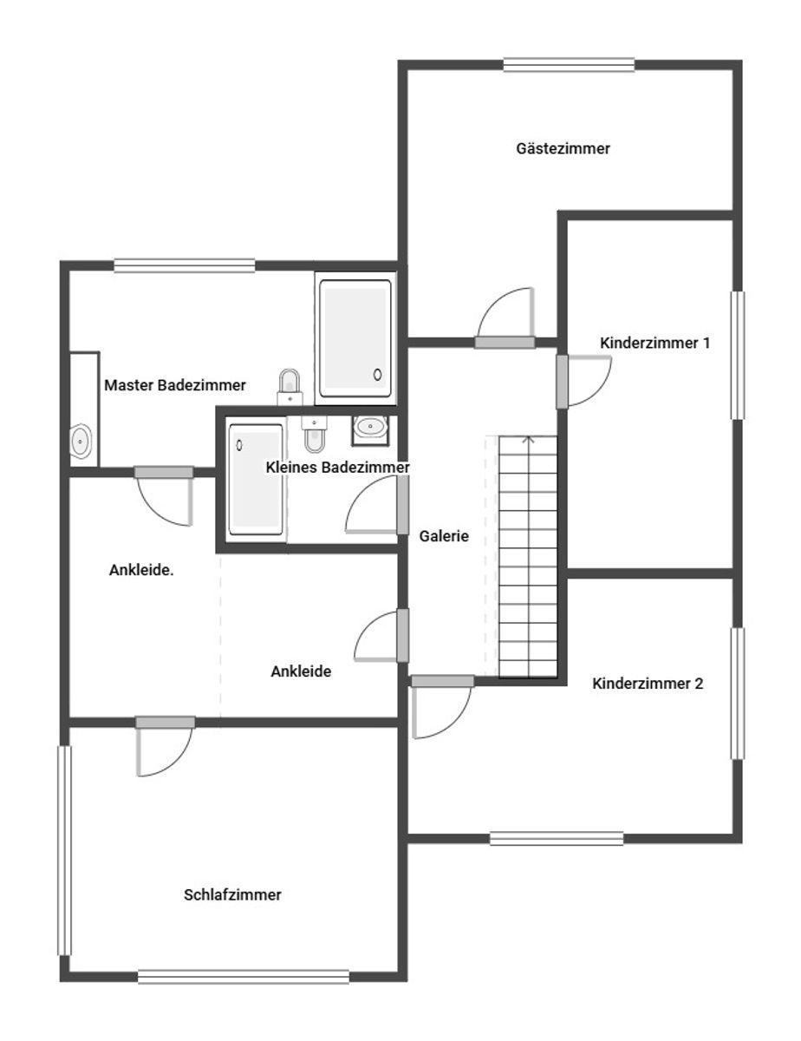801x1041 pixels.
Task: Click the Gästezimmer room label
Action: click(x=563, y=148)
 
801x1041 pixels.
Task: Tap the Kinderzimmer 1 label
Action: click(x=654, y=343)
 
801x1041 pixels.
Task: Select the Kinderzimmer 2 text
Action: click(x=648, y=684)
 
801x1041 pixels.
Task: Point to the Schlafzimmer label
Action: click(x=232, y=895)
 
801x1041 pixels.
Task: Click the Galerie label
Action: click(x=444, y=536)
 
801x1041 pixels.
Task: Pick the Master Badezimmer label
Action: click(x=175, y=385)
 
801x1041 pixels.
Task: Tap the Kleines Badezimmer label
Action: click(x=338, y=468)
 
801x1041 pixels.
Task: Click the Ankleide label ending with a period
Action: click(x=141, y=570)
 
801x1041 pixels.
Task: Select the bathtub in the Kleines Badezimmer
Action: click(x=256, y=480)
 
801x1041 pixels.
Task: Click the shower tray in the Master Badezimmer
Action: click(x=355, y=338)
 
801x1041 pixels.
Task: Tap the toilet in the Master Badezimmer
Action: click(x=290, y=387)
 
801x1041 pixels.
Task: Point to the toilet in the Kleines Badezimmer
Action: click(x=314, y=434)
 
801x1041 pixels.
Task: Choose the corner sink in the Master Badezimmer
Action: click(x=81, y=441)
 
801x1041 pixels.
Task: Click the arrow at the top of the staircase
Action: click(x=528, y=441)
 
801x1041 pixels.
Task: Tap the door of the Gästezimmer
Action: click(x=505, y=318)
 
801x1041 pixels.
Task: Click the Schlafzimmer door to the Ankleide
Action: click(x=165, y=746)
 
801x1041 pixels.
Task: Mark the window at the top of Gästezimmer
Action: click(x=569, y=65)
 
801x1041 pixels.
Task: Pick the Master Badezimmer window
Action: click(x=185, y=265)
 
